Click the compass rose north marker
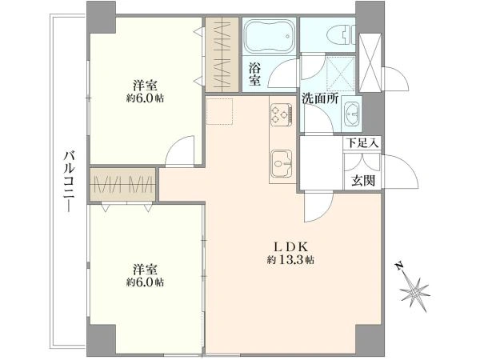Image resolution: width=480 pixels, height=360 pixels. point(416,288)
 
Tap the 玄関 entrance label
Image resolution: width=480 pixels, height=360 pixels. point(361,181)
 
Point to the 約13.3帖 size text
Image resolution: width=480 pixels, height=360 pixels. point(290,260)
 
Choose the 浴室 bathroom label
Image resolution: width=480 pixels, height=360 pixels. point(254,74)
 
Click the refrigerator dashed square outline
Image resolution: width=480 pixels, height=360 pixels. point(220,112)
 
